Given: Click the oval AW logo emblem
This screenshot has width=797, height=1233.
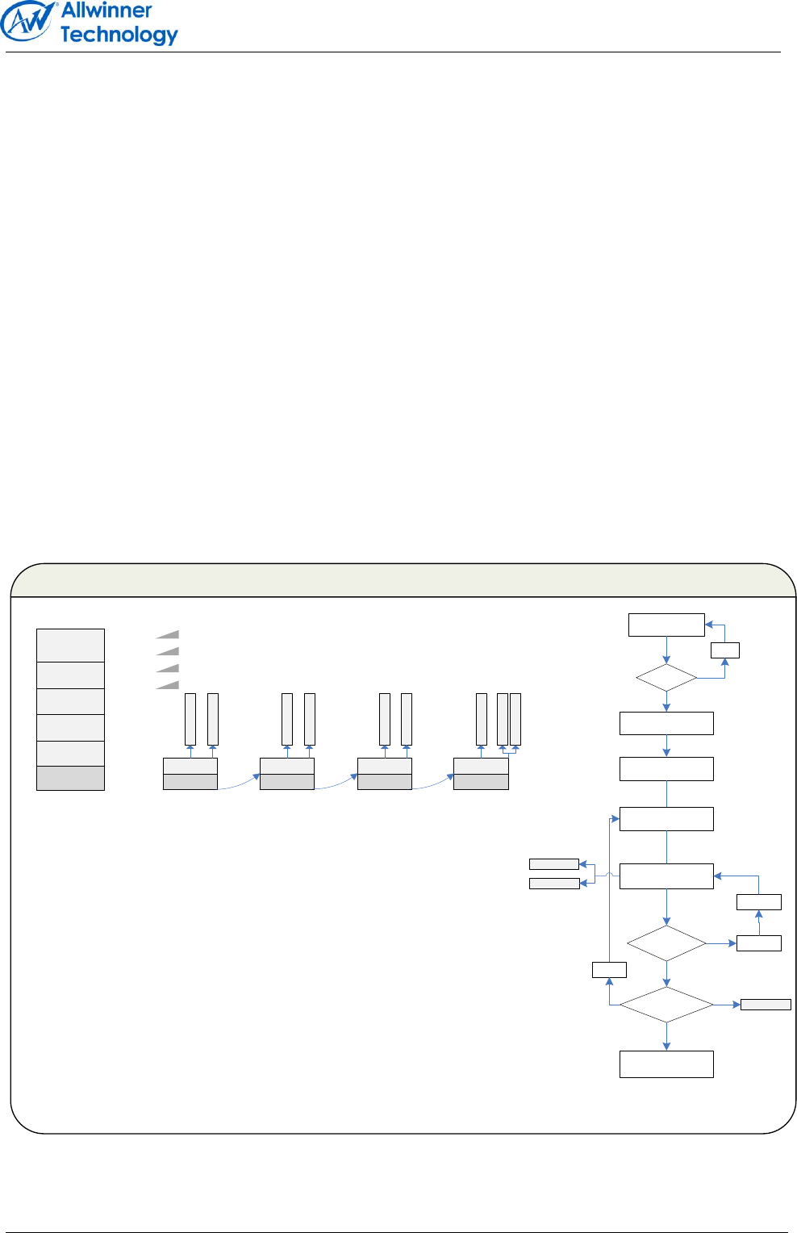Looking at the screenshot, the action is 29,22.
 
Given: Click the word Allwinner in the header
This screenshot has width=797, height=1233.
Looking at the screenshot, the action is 106,10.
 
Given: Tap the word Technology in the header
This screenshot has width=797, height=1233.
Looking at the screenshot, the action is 119,35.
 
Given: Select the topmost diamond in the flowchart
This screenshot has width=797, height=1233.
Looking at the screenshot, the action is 666,678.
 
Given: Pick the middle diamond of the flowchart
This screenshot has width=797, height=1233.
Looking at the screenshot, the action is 666,943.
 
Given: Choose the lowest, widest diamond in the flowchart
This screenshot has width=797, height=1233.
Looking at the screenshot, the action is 666,1005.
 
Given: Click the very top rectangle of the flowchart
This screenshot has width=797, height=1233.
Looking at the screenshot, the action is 666,625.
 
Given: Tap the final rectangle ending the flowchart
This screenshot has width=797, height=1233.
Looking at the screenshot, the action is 666,1064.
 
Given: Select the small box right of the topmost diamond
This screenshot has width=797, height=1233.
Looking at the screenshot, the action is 725,650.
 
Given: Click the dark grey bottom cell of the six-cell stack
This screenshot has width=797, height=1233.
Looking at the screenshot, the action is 70,778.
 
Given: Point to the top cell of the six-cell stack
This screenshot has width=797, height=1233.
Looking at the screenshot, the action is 70,645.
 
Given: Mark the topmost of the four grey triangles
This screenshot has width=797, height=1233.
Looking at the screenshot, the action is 169,635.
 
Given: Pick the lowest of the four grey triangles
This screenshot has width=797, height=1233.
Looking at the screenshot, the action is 169,685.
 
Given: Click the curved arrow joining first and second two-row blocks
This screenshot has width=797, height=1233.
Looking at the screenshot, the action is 239,784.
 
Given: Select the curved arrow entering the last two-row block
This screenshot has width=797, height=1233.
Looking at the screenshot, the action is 433,784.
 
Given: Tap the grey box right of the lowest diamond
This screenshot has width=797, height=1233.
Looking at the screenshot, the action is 766,1005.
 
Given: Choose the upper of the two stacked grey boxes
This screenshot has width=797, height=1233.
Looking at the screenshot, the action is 553,864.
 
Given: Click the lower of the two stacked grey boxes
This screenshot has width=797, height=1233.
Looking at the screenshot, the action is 553,884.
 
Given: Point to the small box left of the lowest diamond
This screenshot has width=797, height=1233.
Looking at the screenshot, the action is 609,970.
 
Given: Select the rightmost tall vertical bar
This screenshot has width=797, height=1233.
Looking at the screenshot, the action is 515,719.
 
